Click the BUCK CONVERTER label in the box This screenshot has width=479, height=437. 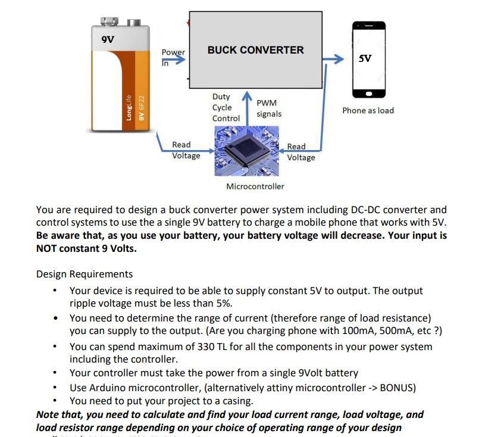[x=255, y=51]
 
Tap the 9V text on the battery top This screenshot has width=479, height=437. [x=108, y=39]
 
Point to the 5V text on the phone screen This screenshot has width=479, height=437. [x=365, y=58]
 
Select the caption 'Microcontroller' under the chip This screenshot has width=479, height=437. [x=255, y=186]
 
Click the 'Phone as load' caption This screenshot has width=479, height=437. [x=368, y=111]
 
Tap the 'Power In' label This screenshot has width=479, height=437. [x=173, y=57]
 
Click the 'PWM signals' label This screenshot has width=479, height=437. [x=269, y=108]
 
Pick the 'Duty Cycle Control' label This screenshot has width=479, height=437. [x=226, y=107]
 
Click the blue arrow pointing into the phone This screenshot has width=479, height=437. [x=334, y=59]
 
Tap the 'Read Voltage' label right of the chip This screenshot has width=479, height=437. [x=300, y=152]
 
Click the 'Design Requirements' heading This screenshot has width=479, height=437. [x=84, y=274]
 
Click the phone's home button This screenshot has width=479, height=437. [x=368, y=93]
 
